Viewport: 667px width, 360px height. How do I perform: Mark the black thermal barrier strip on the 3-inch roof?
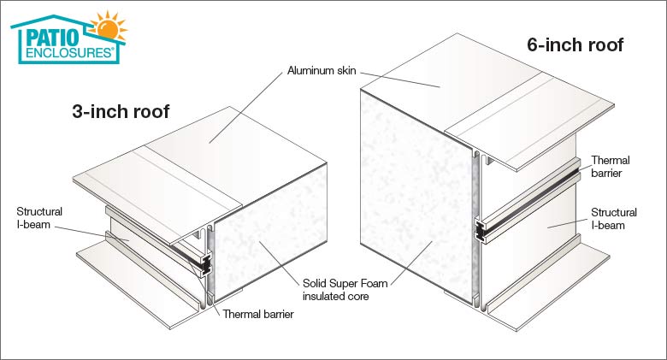pyautogui.click(x=202, y=266)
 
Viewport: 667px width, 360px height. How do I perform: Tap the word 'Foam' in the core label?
pyautogui.click(x=365, y=282)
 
